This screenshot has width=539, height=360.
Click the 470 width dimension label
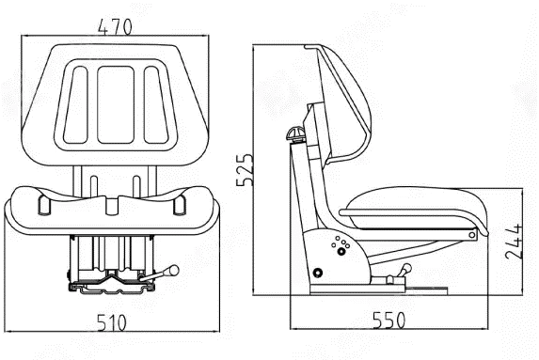(x=115, y=27)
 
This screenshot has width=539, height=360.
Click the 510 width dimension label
(x=112, y=322)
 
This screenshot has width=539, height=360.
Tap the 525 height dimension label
(x=245, y=170)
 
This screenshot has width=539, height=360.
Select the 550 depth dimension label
(x=389, y=321)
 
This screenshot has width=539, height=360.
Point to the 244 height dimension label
(x=514, y=242)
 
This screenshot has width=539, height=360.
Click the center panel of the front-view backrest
(x=116, y=104)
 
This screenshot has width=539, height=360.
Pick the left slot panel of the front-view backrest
(x=75, y=104)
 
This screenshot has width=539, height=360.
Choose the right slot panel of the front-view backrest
(x=156, y=104)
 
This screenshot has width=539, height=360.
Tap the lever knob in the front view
(x=174, y=271)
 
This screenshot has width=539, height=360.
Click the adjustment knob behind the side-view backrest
(x=295, y=133)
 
